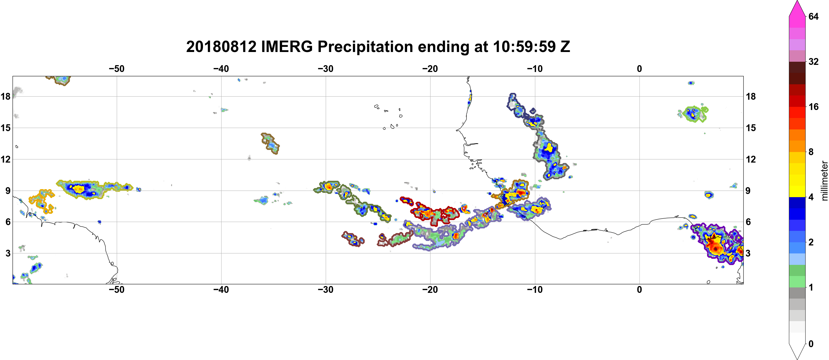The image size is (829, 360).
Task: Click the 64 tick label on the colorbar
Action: pos(813,16)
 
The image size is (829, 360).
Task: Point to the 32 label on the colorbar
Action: pos(813,61)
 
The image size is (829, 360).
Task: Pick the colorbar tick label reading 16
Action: pos(813,107)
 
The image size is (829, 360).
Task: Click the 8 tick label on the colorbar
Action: pos(811,152)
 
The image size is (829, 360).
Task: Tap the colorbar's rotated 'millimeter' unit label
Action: pos(824,181)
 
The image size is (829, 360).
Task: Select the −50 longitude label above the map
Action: pos(116,69)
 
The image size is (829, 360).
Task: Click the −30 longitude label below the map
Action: pos(325,290)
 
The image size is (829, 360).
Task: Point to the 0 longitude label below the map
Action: pos(639,290)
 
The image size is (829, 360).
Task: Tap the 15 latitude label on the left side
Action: pos(5,128)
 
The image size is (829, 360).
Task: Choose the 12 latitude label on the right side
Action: pos(751,159)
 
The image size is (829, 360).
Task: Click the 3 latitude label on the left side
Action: pos(8,253)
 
